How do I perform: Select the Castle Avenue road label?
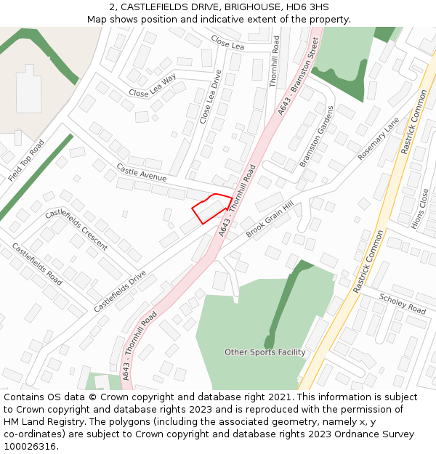click(x=141, y=173)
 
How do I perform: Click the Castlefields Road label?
click(x=36, y=262)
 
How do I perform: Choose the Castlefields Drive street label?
click(x=120, y=291)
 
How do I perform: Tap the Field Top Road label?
click(x=27, y=161)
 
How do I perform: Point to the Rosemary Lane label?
click(x=379, y=139)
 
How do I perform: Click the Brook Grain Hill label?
click(x=269, y=219)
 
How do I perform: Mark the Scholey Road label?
click(x=402, y=304)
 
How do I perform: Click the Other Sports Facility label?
click(x=265, y=352)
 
